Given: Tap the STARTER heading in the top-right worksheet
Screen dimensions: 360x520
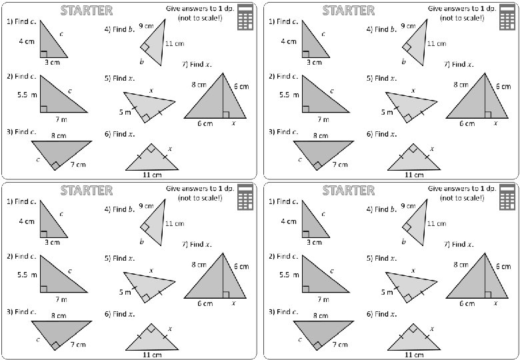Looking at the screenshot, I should pos(348,11).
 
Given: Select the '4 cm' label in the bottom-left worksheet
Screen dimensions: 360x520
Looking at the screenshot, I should pos(27,221).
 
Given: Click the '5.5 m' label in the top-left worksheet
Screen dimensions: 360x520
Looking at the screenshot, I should pos(27,95).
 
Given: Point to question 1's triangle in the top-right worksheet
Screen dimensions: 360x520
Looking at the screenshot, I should pos(314,41).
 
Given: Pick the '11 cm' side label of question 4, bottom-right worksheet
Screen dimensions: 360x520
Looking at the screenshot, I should pos(437,223).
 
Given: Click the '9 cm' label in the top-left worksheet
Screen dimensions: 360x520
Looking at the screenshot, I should pos(146,26).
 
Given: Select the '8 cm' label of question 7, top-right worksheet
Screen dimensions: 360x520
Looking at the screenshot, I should pos(461,85).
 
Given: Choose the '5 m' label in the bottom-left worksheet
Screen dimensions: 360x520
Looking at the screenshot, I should pos(125,292).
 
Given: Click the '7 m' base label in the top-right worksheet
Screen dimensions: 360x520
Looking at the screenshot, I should pos(323,120).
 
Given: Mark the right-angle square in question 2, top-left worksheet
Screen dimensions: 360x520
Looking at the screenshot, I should pos(43,109).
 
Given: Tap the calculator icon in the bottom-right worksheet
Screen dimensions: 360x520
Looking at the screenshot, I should pos(507,197).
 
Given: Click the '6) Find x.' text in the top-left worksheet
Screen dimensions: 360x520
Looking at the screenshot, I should pos(120,134).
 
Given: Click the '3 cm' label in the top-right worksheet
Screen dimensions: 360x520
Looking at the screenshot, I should pos(314,63).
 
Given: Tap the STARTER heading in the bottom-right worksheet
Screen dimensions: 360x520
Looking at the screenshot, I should pos(348,191).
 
